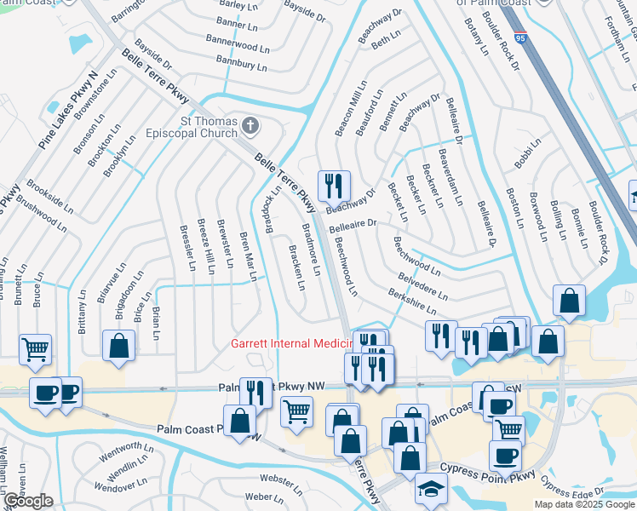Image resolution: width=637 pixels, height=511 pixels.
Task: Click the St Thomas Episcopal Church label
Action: click(x=204, y=128)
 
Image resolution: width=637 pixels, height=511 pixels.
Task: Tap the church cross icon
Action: click(x=250, y=127)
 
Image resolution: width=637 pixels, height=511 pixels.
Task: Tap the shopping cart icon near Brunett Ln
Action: click(x=35, y=347)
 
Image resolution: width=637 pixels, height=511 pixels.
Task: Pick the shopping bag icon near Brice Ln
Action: click(x=119, y=345)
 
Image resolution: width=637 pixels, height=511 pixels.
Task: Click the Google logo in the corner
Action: click(x=28, y=501)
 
